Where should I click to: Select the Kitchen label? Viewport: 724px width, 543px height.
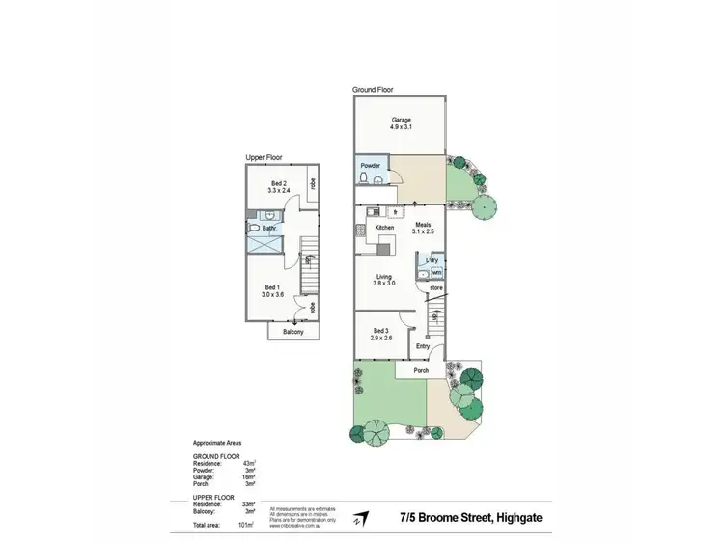point(384,228)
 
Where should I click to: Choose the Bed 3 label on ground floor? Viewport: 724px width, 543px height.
point(379,334)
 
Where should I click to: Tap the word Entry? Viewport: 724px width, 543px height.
point(423,346)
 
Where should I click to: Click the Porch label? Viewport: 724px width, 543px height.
point(421,370)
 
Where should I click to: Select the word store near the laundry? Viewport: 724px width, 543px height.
point(435,286)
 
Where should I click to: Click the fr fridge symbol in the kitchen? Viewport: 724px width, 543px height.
point(396,211)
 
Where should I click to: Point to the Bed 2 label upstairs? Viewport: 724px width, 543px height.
point(278,187)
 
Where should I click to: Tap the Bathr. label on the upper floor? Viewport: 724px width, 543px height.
point(270,229)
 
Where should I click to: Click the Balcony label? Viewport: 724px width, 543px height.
point(293,332)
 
